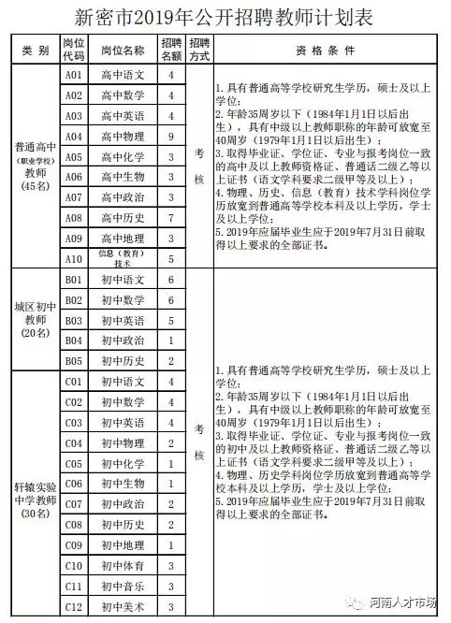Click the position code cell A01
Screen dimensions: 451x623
coord(74,74)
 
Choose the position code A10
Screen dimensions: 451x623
coord(74,259)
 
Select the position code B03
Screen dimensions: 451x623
coord(74,321)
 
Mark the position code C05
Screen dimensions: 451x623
coord(74,464)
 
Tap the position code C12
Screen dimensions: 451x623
coord(74,607)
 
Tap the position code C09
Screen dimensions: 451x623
coord(74,545)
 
